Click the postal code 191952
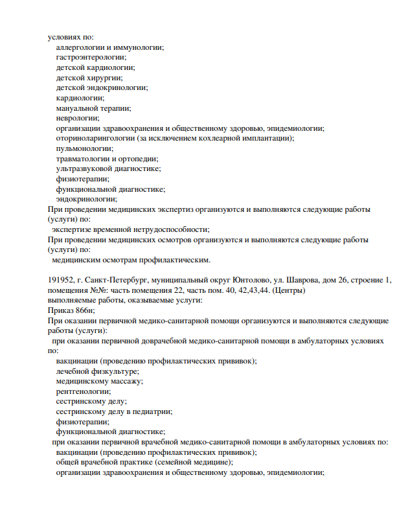[x=60, y=281]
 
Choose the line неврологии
[x=78, y=117]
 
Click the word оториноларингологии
[x=95, y=138]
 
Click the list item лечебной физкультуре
[x=97, y=371]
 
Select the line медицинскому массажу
[x=99, y=381]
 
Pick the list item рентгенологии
[x=83, y=391]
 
